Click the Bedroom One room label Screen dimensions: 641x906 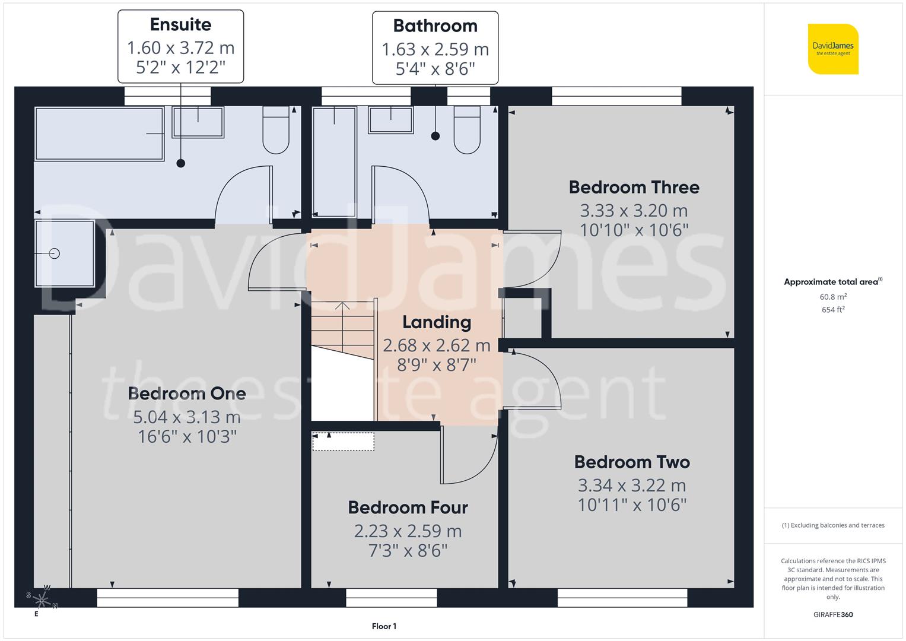[x=187, y=394]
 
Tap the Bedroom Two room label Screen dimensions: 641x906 [x=632, y=462]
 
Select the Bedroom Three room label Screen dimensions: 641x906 [x=634, y=187]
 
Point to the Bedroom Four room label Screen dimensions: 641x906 [x=408, y=507]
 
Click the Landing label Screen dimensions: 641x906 [x=437, y=322]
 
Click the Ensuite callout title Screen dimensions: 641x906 [x=180, y=24]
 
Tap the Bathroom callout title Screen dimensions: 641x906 [x=435, y=26]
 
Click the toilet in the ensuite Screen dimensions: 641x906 [x=276, y=131]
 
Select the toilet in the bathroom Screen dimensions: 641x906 [x=467, y=131]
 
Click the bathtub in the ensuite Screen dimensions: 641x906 [x=99, y=134]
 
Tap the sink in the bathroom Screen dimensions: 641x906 [x=390, y=120]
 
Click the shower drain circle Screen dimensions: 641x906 [x=55, y=253]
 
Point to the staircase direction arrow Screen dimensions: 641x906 [x=342, y=307]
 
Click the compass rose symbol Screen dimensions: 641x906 [x=42, y=598]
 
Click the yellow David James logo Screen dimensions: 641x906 [x=833, y=49]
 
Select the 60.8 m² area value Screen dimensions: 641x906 [x=833, y=297]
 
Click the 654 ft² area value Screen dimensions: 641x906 [x=833, y=310]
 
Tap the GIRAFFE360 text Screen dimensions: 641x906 [x=833, y=614]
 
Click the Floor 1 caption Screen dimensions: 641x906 [x=384, y=626]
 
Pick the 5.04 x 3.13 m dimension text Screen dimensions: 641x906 [x=187, y=417]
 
